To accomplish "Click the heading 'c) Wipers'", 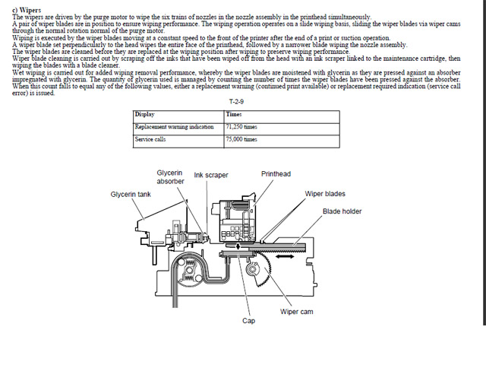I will click(27, 10).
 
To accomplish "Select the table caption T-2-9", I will click(235, 102).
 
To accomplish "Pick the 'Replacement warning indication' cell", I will click(177, 126).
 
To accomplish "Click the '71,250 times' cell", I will click(242, 126).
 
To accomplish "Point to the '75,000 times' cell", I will click(242, 139).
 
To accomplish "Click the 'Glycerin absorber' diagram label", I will click(170, 177).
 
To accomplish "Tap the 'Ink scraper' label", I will click(211, 175).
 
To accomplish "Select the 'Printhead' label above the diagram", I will click(276, 174).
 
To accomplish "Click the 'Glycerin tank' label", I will click(131, 194).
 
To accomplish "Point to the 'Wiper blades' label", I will click(325, 194).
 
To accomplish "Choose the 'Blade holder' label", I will click(342, 211).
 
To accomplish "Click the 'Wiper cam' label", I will click(296, 312).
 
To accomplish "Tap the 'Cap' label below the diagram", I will click(248, 320).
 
